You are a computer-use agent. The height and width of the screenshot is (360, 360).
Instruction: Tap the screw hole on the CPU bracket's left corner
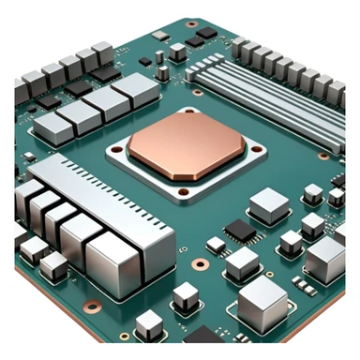point(124,149)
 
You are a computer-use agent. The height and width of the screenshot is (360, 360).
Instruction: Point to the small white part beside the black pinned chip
point(216,245)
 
